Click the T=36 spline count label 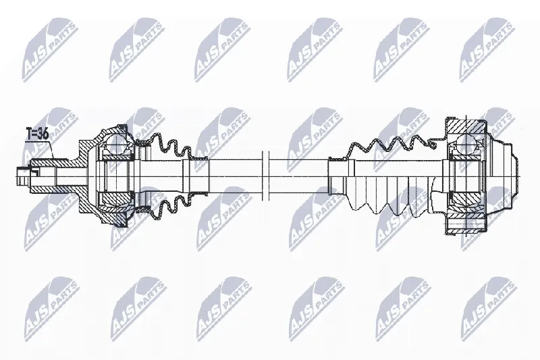tap(38, 133)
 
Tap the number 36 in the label tap(43, 133)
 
